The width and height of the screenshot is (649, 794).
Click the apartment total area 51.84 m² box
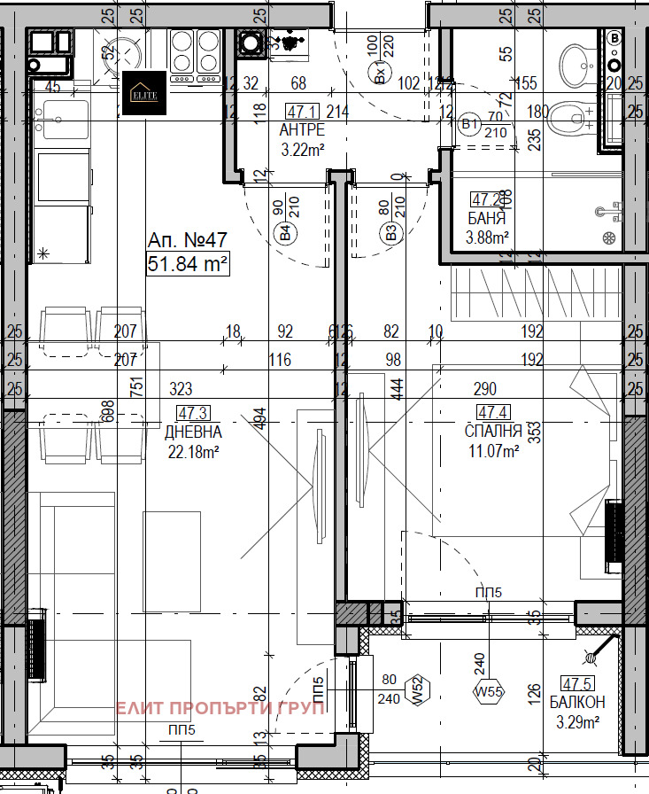188,264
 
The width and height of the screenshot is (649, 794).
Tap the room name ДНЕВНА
193,432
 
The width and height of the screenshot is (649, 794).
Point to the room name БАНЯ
487,218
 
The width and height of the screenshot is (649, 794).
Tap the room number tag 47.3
193,413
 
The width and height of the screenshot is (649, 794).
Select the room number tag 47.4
492,412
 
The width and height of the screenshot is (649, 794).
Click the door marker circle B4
285,234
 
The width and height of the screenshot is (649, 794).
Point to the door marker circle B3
390,234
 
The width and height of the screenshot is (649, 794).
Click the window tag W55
489,690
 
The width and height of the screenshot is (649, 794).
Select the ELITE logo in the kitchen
145,93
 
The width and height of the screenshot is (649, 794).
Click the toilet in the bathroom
568,115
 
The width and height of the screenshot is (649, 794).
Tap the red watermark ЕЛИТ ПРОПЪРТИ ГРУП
221,707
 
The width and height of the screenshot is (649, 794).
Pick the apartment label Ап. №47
187,241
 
